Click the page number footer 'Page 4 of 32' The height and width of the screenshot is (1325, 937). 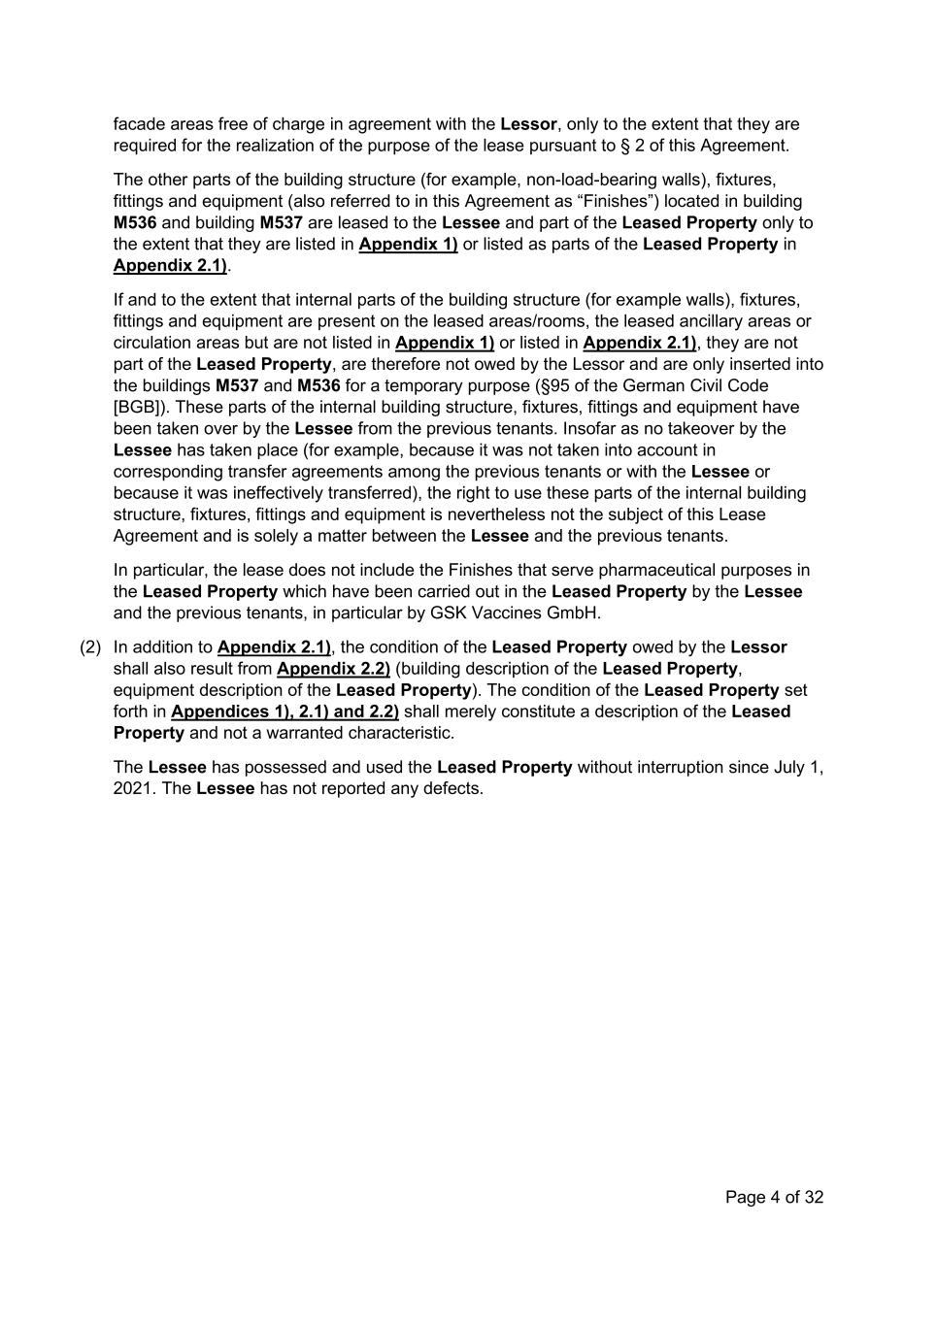[x=774, y=1197]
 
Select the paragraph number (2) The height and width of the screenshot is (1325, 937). [x=90, y=647]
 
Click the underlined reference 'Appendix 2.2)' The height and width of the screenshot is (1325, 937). [x=333, y=669]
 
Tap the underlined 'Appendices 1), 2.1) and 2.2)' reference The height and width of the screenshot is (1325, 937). [x=284, y=712]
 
